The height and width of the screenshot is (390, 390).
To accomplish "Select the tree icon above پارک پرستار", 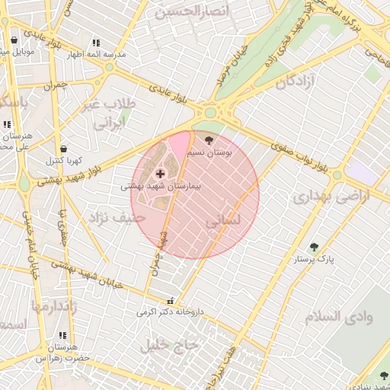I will coord(314,247).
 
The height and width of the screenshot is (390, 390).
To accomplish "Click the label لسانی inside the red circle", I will coord(222,221).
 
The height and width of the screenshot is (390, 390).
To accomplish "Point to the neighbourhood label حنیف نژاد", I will coord(117,218).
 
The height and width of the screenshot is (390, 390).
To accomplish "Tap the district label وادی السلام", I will coord(339,317).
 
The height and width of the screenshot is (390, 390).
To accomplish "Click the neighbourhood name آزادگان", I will coord(296,82).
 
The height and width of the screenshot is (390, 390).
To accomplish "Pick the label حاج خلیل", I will coord(168,344).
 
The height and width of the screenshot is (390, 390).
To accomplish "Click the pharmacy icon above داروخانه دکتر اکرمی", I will coord(171,300).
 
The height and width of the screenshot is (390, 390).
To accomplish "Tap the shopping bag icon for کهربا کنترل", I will coord(63,149).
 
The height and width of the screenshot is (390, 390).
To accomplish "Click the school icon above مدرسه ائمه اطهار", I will coord(95,43).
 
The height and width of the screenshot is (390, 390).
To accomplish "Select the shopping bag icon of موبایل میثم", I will coord(14,40).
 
